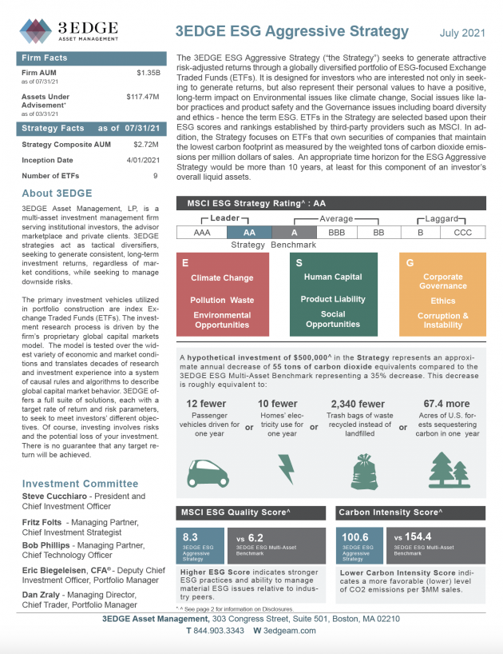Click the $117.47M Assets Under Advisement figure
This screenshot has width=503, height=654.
click(x=145, y=97)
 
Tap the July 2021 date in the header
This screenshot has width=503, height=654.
click(x=462, y=33)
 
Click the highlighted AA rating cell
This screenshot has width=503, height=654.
click(x=248, y=232)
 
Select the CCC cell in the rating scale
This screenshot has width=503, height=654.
click(x=462, y=232)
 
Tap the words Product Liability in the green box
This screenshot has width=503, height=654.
click(x=332, y=299)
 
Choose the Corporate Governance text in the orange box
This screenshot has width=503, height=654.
click(x=443, y=281)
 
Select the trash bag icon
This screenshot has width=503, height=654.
click(x=358, y=470)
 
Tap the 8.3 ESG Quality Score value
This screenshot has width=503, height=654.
click(x=191, y=537)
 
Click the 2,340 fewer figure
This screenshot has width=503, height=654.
click(x=358, y=404)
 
